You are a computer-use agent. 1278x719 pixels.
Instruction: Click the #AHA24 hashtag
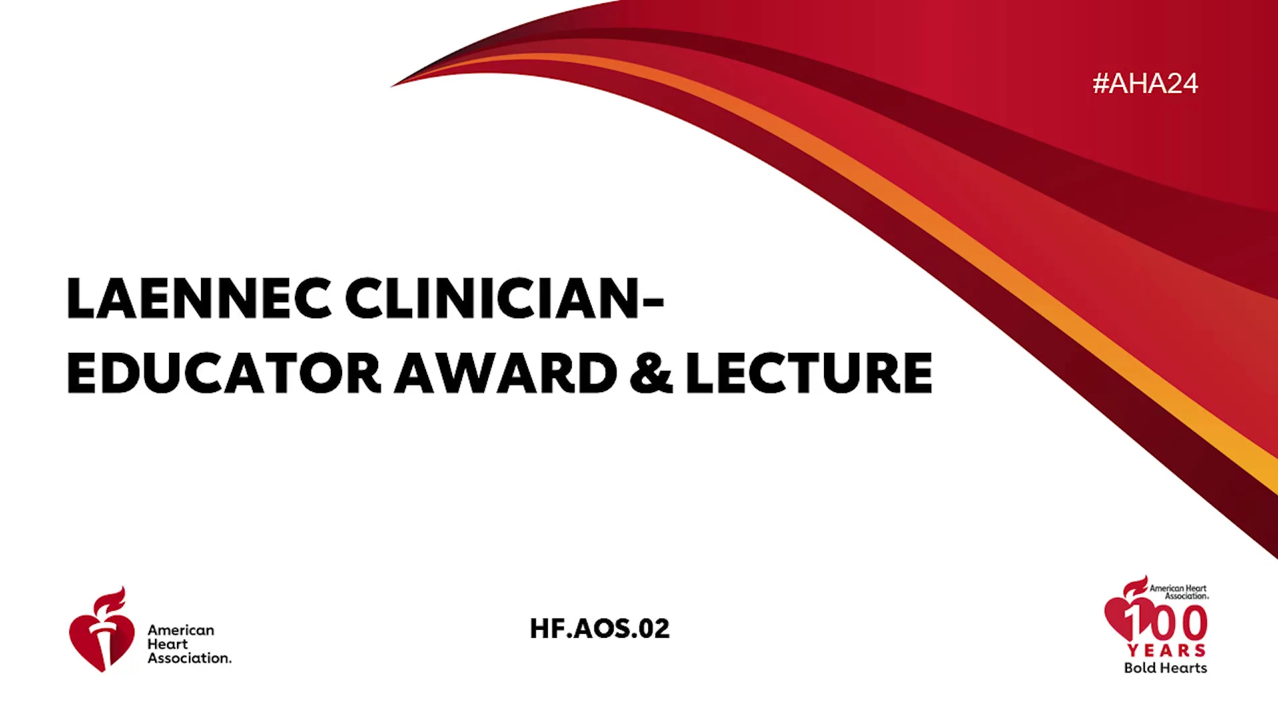[1145, 83]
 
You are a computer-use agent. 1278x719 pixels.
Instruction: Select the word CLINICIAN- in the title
[505, 298]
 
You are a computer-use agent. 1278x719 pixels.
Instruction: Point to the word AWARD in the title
[507, 373]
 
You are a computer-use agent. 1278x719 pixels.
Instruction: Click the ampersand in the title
[652, 373]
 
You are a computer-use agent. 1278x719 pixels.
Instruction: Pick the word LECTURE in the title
[809, 373]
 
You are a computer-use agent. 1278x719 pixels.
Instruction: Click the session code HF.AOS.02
[600, 628]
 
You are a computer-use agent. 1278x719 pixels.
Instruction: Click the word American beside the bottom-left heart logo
[181, 630]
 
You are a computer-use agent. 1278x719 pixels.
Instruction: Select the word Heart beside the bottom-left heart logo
[168, 644]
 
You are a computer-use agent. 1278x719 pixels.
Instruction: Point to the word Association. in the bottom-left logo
[190, 658]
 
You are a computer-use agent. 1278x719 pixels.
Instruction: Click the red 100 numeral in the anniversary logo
[1166, 623]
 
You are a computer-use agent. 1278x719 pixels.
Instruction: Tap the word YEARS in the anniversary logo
[1167, 650]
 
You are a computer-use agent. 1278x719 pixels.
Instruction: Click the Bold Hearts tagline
[1166, 668]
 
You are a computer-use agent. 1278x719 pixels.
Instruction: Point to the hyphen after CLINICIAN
[654, 301]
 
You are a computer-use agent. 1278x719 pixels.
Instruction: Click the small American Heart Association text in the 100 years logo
[1179, 592]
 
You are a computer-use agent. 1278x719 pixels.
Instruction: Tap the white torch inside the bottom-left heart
[102, 639]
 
